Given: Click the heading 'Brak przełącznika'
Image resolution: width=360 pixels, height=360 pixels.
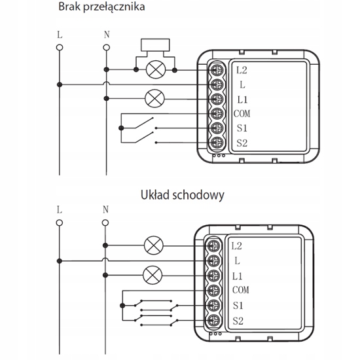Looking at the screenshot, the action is click(x=101, y=7).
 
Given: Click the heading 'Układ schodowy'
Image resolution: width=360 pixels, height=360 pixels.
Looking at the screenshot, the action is click(x=183, y=195).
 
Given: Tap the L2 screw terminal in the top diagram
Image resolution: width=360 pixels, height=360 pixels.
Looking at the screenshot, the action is click(x=217, y=70).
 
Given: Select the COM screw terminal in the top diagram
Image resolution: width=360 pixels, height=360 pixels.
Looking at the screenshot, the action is click(x=217, y=113).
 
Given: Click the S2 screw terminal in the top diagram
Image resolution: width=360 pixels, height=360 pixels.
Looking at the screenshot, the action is click(x=217, y=143).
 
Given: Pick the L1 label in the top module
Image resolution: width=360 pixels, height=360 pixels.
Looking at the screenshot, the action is click(x=242, y=99).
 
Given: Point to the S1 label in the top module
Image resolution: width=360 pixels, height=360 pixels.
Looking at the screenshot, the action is click(x=242, y=128).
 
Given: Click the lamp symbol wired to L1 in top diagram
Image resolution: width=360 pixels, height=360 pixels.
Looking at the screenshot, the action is click(x=154, y=98).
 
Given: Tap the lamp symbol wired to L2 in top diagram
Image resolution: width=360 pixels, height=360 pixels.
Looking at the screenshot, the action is click(x=156, y=69).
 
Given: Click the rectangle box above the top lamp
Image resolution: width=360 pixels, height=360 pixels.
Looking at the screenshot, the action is click(x=155, y=45).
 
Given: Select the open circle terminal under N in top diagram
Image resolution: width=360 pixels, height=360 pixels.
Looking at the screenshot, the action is click(x=106, y=48).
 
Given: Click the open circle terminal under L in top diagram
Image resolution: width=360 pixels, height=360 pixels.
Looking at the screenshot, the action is click(x=60, y=48).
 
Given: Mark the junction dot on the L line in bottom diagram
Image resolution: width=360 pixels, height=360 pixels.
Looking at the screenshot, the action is click(x=60, y=261).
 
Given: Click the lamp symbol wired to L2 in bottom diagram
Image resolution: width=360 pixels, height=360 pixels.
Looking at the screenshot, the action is click(x=154, y=245).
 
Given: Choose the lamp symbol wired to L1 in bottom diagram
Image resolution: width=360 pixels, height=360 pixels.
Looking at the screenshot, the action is click(x=153, y=275).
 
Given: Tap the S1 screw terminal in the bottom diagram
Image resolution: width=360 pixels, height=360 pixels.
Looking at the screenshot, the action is click(x=214, y=306).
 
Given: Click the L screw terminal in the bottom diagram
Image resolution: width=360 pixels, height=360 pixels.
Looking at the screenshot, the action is click(x=214, y=261).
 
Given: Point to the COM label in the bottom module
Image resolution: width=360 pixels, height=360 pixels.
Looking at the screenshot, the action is click(x=241, y=290).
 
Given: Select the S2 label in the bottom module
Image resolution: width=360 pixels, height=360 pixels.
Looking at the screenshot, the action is click(x=238, y=321).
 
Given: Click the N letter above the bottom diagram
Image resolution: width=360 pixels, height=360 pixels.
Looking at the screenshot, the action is click(x=105, y=209).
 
